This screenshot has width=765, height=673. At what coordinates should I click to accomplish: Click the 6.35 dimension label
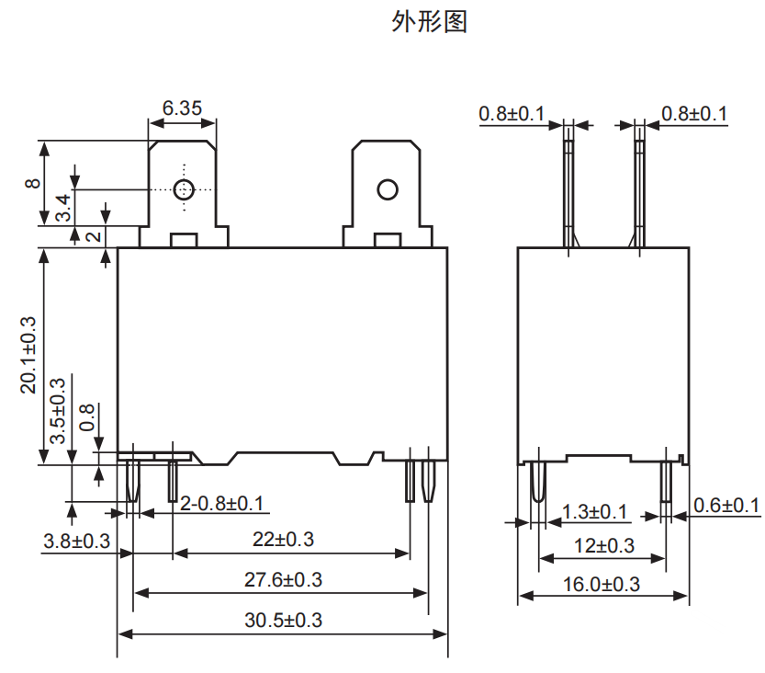tap(182, 108)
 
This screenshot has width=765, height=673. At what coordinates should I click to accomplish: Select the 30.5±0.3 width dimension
tap(284, 620)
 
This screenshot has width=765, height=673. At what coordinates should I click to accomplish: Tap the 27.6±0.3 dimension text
tap(284, 580)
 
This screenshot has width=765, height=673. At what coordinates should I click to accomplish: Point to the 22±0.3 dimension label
tap(282, 540)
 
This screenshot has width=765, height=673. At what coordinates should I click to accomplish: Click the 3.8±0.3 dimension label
tap(76, 542)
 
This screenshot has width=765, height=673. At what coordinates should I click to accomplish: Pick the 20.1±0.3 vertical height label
tap(28, 355)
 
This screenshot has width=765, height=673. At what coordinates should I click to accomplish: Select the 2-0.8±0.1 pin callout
tap(221, 504)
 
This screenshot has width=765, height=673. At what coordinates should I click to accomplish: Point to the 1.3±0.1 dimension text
tap(594, 510)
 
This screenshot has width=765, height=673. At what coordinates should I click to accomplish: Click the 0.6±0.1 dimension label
tap(726, 505)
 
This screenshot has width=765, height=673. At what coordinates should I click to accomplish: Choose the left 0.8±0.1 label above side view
tap(512, 113)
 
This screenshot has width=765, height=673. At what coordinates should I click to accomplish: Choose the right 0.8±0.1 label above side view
tap(694, 113)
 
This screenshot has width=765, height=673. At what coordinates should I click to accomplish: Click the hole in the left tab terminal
tap(183, 190)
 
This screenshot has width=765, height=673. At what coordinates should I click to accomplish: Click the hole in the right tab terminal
tap(386, 190)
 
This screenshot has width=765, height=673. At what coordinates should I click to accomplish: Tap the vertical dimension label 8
tap(33, 183)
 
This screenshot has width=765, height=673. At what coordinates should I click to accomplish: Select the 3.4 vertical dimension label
tap(62, 208)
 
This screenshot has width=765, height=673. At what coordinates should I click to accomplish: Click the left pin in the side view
tap(536, 483)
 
